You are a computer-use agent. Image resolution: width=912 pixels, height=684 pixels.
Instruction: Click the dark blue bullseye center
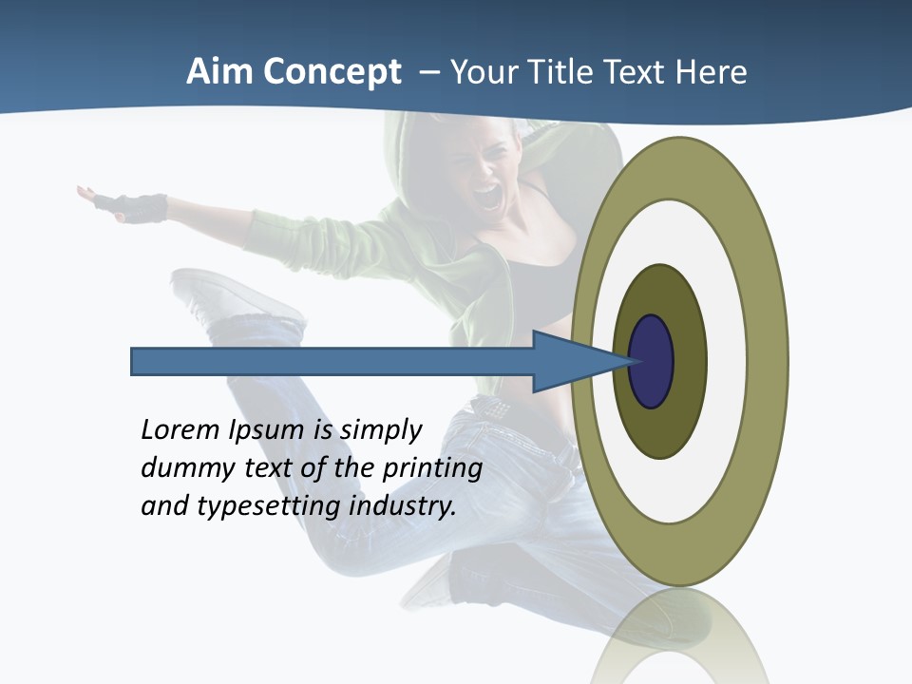point(653,361)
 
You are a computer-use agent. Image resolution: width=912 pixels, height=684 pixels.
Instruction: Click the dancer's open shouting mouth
point(488,197)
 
